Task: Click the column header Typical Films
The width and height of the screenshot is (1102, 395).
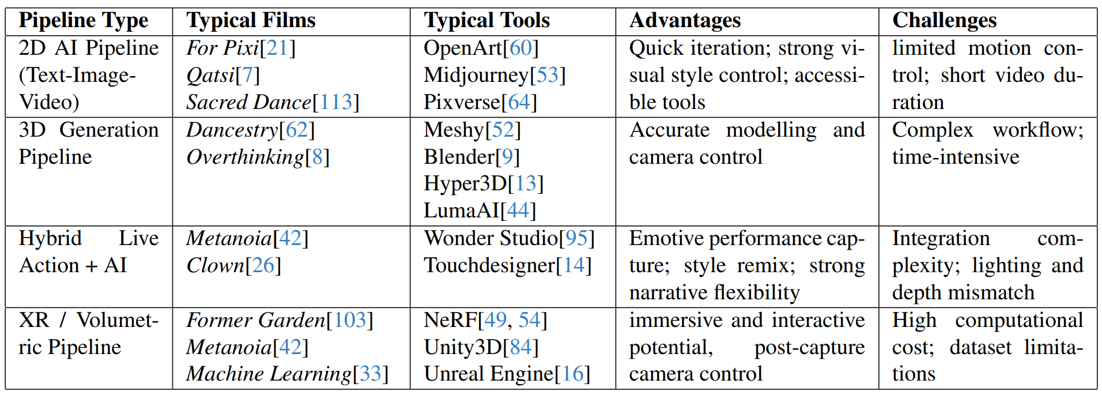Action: click(251, 21)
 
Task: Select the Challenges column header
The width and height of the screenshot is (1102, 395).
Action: click(944, 21)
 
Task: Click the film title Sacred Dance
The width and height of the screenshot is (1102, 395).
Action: click(248, 102)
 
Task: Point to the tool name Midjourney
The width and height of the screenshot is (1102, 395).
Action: click(476, 76)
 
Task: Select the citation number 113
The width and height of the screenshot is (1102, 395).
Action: click(335, 102)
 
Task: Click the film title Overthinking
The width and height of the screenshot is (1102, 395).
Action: click(245, 157)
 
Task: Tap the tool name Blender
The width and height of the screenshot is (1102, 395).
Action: click(459, 157)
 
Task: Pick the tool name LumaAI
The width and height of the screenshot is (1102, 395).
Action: click(462, 210)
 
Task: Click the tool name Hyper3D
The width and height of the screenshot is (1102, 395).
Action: click(466, 184)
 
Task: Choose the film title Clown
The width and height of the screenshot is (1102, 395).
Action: click(216, 265)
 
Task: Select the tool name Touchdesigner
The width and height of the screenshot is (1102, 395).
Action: click(489, 266)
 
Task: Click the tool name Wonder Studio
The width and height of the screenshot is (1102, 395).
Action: click(491, 238)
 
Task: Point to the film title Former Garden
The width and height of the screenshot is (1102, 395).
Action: click(256, 320)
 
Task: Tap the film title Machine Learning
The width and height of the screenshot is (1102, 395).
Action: click(269, 374)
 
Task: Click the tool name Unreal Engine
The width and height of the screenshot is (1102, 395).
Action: click(489, 374)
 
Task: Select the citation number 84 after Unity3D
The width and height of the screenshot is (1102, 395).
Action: click(520, 347)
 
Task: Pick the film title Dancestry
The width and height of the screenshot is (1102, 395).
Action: click(232, 130)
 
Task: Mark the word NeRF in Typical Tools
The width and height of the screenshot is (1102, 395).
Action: click(451, 320)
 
